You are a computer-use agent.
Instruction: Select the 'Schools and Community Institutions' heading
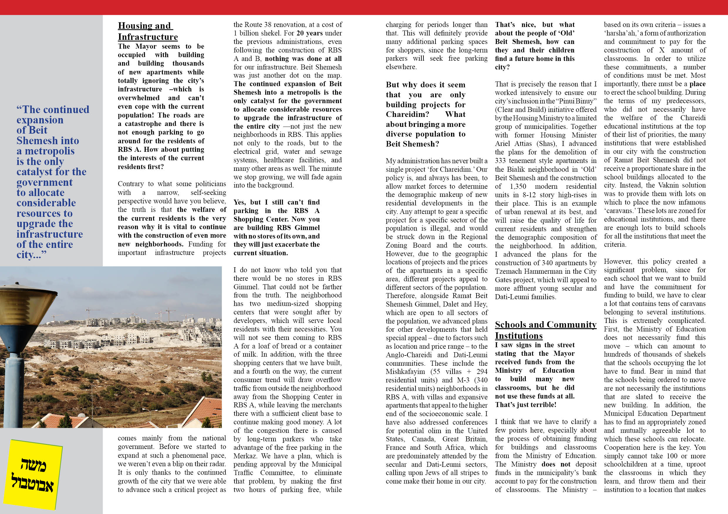click(x=545, y=330)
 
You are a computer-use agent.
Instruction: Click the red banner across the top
click(x=364, y=7)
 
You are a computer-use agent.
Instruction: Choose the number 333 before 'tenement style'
click(x=501, y=161)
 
